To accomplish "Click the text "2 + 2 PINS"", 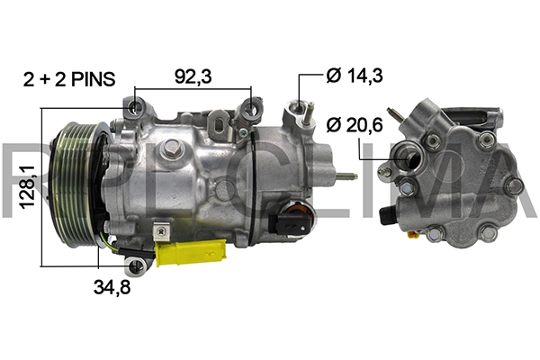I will (69, 79).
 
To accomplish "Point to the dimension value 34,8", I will (113, 288).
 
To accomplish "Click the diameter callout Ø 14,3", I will (355, 76).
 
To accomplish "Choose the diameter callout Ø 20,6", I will (355, 124).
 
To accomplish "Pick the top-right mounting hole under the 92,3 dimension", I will (251, 111).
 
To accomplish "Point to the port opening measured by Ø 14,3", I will (294, 112).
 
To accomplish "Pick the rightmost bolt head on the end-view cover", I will (516, 185).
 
